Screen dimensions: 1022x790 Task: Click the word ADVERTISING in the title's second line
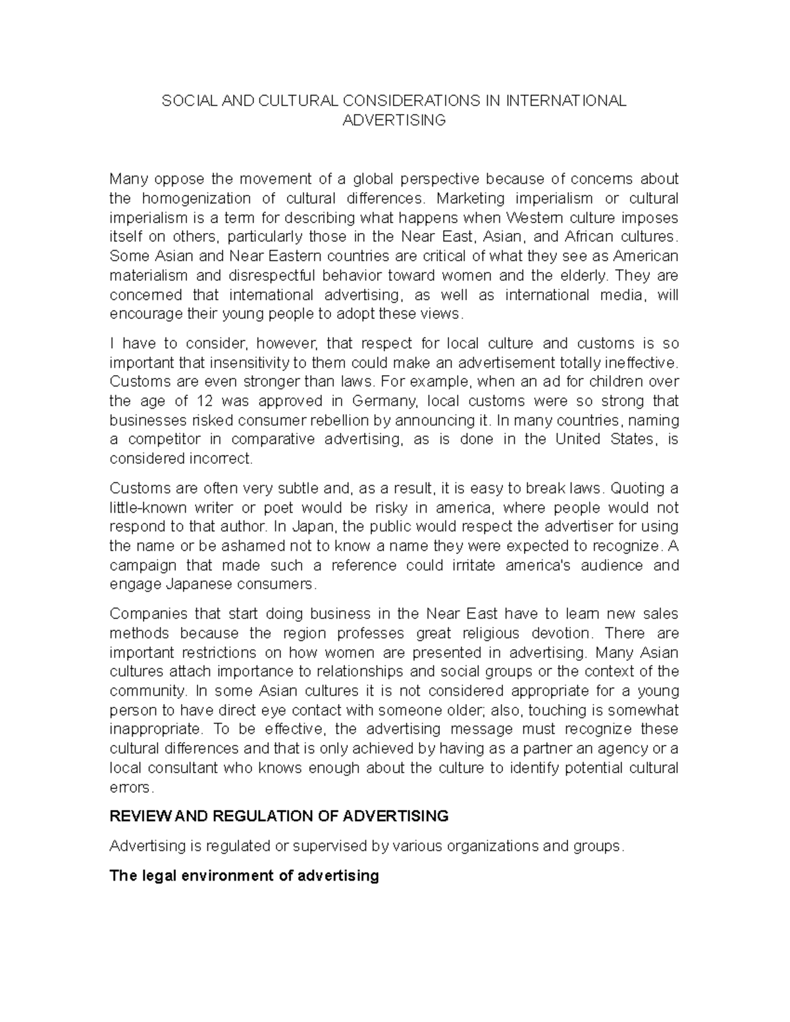pyautogui.click(x=394, y=120)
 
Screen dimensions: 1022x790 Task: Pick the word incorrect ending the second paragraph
pyautogui.click(x=221, y=459)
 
